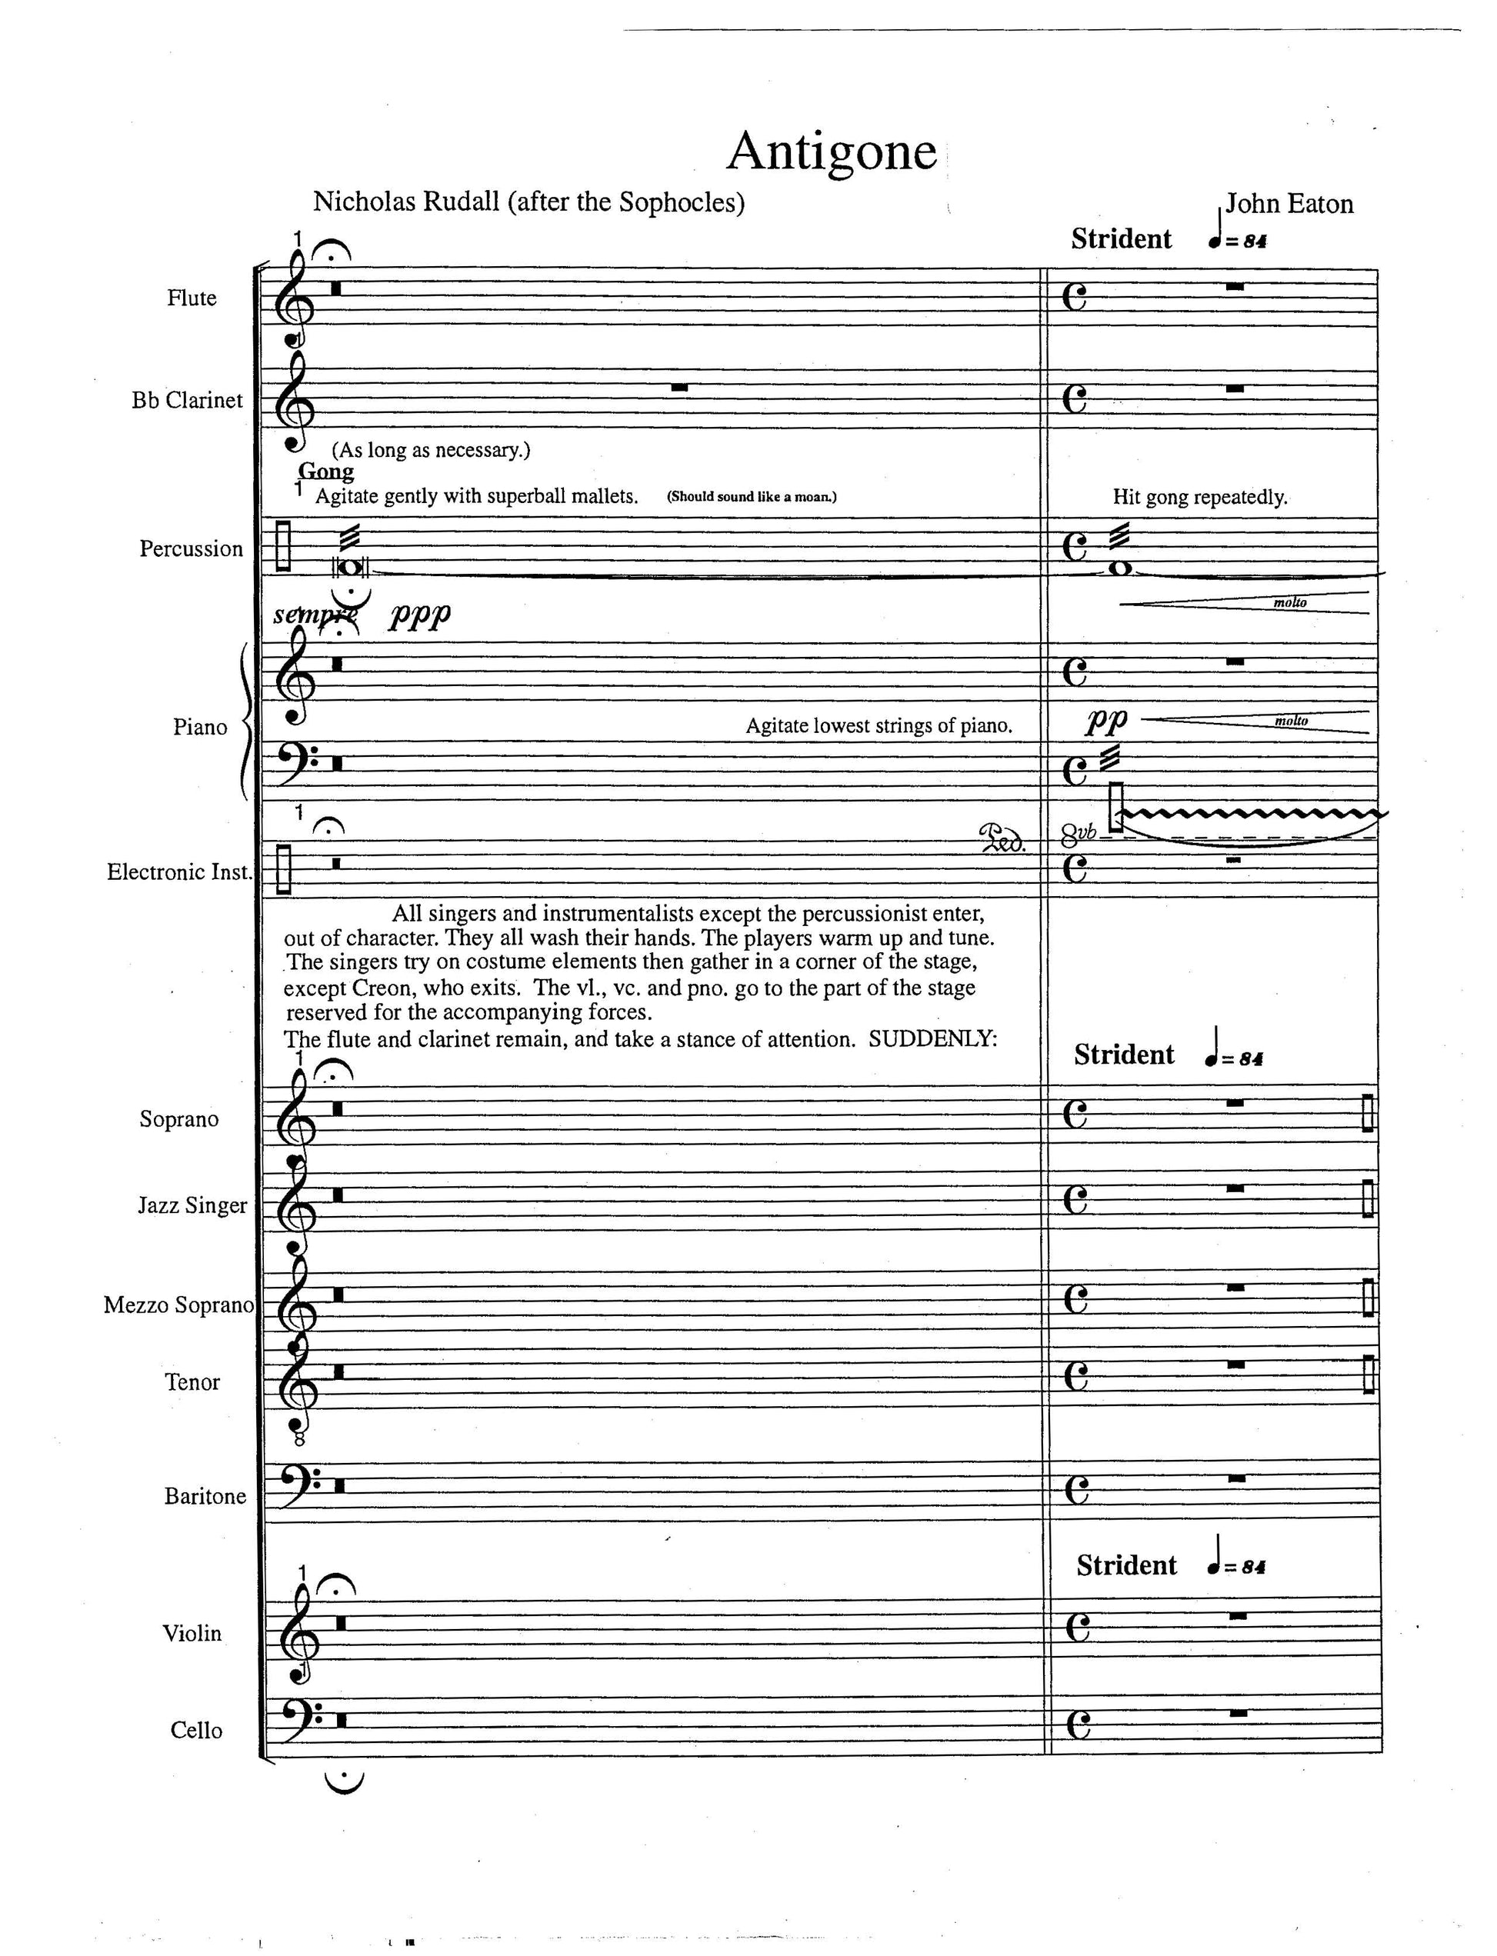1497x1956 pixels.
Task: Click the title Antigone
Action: tap(832, 152)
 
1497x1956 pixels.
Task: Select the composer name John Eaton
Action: tap(1289, 204)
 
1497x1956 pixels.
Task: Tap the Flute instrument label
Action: tap(192, 298)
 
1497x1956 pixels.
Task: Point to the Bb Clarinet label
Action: tap(187, 401)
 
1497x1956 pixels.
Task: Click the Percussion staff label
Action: tap(191, 548)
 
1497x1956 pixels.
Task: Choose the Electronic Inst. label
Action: tap(179, 872)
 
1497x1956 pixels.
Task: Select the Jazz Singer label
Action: tap(192, 1205)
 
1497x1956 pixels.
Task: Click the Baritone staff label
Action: tap(205, 1495)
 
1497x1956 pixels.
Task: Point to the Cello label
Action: tap(196, 1730)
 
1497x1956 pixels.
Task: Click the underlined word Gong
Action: tap(325, 472)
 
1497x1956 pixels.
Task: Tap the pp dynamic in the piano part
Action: tap(1105, 719)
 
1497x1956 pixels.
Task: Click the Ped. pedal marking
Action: tap(1002, 838)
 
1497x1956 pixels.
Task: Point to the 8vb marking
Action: tap(1079, 835)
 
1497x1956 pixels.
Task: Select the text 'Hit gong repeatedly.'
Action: tap(1199, 497)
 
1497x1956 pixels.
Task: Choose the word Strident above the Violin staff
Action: tap(1126, 1566)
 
